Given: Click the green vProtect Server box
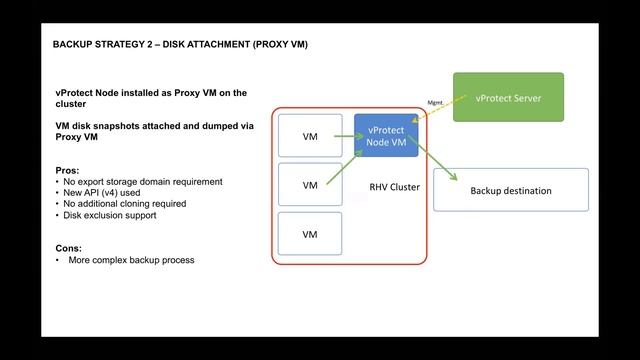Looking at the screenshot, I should pos(508,97).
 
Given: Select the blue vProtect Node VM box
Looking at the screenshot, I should pos(386,136).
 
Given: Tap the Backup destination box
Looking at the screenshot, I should pos(510,190).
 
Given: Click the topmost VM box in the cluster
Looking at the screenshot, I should pos(310,136).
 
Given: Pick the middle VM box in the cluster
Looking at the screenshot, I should pos(310,185).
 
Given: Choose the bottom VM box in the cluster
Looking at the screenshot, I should pos(310,234).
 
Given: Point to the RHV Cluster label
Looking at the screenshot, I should pos(394,187).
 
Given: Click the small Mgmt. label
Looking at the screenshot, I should pos(436,102).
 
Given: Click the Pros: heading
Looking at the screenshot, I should pos(68,171).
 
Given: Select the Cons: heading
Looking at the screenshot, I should pos(68,247).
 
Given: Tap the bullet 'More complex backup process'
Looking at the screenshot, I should pos(131,260).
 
